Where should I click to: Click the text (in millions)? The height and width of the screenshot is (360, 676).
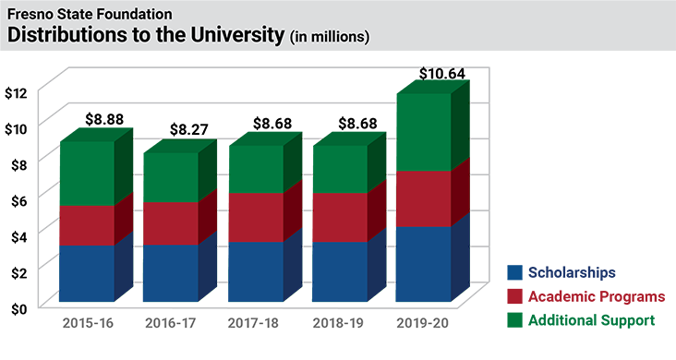coord(330,37)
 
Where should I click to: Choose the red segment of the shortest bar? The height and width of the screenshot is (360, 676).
coord(166,222)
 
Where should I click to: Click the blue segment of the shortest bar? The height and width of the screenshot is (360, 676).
coord(166,272)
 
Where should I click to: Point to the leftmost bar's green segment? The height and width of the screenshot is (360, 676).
coord(81,171)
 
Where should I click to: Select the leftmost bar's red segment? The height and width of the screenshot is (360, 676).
coord(81,224)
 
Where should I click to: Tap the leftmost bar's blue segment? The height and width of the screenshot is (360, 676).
coord(81,272)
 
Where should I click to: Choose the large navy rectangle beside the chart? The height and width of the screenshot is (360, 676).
coord(600,194)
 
